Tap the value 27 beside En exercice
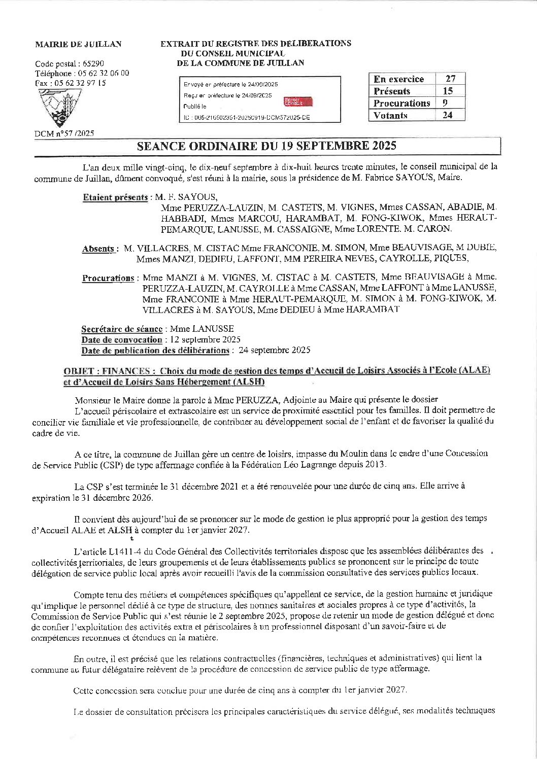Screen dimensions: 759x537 pyautogui.click(x=450, y=79)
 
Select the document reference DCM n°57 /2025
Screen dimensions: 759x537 pyautogui.click(x=64, y=134)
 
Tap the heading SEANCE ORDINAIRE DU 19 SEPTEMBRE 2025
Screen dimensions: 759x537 pyautogui.click(x=266, y=146)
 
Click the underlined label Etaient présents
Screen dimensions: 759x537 pyautogui.click(x=115, y=197)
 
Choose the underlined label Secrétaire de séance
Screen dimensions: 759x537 pyautogui.click(x=122, y=329)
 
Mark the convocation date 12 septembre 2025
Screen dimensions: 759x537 pyautogui.click(x=205, y=339)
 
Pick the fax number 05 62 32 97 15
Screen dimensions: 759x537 pyautogui.click(x=80, y=83)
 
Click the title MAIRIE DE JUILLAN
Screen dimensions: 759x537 pyautogui.click(x=78, y=44)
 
